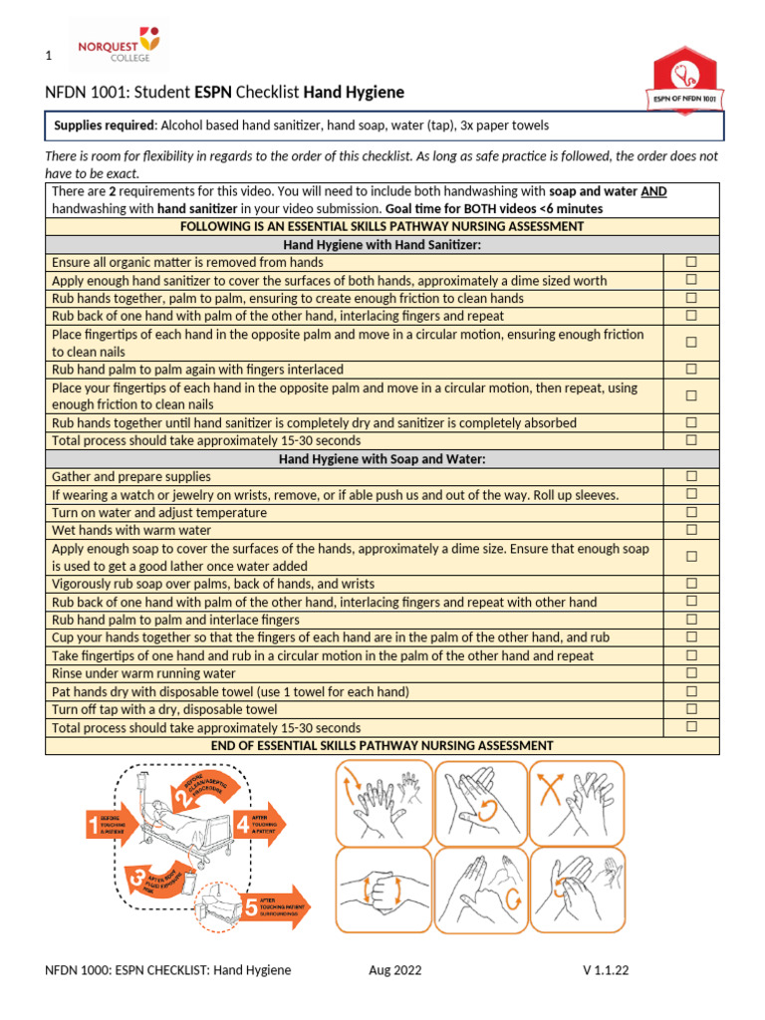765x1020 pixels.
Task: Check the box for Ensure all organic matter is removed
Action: click(690, 262)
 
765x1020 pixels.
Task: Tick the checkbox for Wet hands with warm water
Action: click(690, 530)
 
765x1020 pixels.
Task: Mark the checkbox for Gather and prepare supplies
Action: click(690, 476)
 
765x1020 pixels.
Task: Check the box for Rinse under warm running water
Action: click(690, 673)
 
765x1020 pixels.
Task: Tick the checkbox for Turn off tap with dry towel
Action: click(690, 709)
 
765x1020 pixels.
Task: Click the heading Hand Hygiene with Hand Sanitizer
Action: click(382, 244)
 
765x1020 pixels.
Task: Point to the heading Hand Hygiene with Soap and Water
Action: click(382, 458)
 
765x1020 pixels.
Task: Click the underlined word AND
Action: click(653, 190)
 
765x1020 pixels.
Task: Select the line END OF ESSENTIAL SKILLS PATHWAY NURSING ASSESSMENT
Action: click(382, 745)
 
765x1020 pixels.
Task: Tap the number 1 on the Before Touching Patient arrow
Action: click(94, 824)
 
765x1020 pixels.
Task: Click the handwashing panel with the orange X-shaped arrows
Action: click(576, 800)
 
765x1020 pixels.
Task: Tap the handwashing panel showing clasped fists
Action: click(382, 890)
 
